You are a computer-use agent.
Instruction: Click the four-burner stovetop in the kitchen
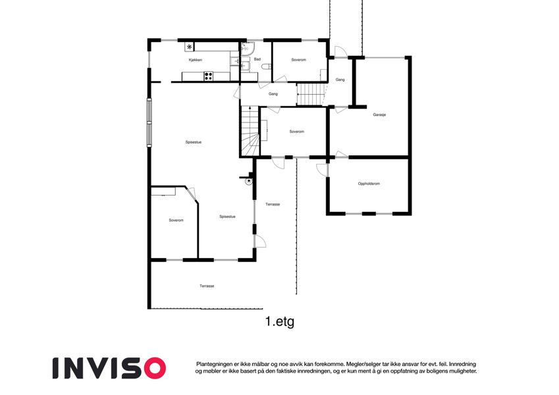pyautogui.click(x=209, y=76)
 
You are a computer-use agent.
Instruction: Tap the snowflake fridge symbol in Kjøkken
pyautogui.click(x=190, y=47)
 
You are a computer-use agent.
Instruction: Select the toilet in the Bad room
pyautogui.click(x=266, y=66)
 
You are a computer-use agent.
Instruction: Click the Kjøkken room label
pyautogui.click(x=196, y=60)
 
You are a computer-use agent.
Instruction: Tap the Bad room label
pyautogui.click(x=257, y=59)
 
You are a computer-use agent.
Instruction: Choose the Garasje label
pyautogui.click(x=379, y=115)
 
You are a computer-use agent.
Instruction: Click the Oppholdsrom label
pyautogui.click(x=369, y=184)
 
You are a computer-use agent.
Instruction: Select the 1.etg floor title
pyautogui.click(x=280, y=321)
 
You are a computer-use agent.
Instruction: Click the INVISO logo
pyautogui.click(x=109, y=368)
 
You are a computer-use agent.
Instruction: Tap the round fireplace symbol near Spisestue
pyautogui.click(x=248, y=182)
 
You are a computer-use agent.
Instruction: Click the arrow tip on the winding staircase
pyautogui.click(x=250, y=107)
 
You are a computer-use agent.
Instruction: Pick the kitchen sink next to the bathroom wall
pyautogui.click(x=234, y=61)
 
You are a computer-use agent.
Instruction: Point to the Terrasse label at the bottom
pyautogui.click(x=207, y=286)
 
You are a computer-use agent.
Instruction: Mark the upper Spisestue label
pyautogui.click(x=193, y=142)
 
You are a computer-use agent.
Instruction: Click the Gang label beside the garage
pyautogui.click(x=340, y=80)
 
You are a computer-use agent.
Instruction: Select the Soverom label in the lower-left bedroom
pyautogui.click(x=176, y=221)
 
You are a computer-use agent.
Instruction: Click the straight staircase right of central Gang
pyautogui.click(x=312, y=94)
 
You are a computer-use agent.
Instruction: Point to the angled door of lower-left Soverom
pyautogui.click(x=191, y=194)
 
